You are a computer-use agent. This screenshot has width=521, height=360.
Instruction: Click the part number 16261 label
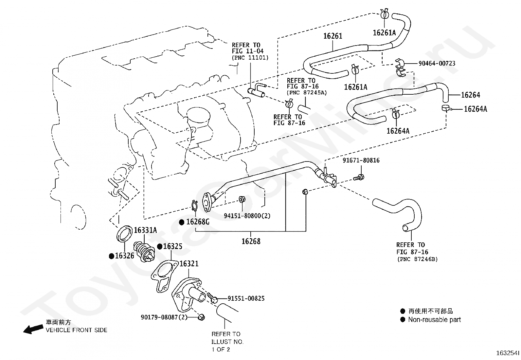pyautogui.click(x=332, y=36)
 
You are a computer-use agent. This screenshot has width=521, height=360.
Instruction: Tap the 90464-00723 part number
pyautogui.click(x=437, y=63)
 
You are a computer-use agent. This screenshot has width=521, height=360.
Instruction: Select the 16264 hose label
pyautogui.click(x=470, y=95)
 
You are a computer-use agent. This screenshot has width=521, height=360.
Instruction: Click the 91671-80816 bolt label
pyautogui.click(x=361, y=161)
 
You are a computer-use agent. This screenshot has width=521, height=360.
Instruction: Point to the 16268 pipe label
pyautogui.click(x=251, y=241)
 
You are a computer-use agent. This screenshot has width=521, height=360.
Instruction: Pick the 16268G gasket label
pyautogui.click(x=198, y=222)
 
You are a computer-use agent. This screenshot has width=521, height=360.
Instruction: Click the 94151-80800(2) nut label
pyautogui.click(x=247, y=216)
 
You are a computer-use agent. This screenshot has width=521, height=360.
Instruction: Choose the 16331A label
pyautogui.click(x=145, y=230)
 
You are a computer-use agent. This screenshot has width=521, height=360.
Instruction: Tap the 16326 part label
pyautogui.click(x=124, y=256)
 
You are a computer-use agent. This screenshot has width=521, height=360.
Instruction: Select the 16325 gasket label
pyautogui.click(x=172, y=246)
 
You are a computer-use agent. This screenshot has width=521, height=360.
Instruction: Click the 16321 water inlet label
pyautogui.click(x=189, y=264)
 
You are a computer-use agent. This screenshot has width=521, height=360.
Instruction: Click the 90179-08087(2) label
pyautogui.click(x=164, y=317)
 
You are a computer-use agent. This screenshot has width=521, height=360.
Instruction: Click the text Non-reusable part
pyautogui.click(x=434, y=320)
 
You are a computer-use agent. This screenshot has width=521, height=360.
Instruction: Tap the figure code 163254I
pyautogui.click(x=508, y=353)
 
